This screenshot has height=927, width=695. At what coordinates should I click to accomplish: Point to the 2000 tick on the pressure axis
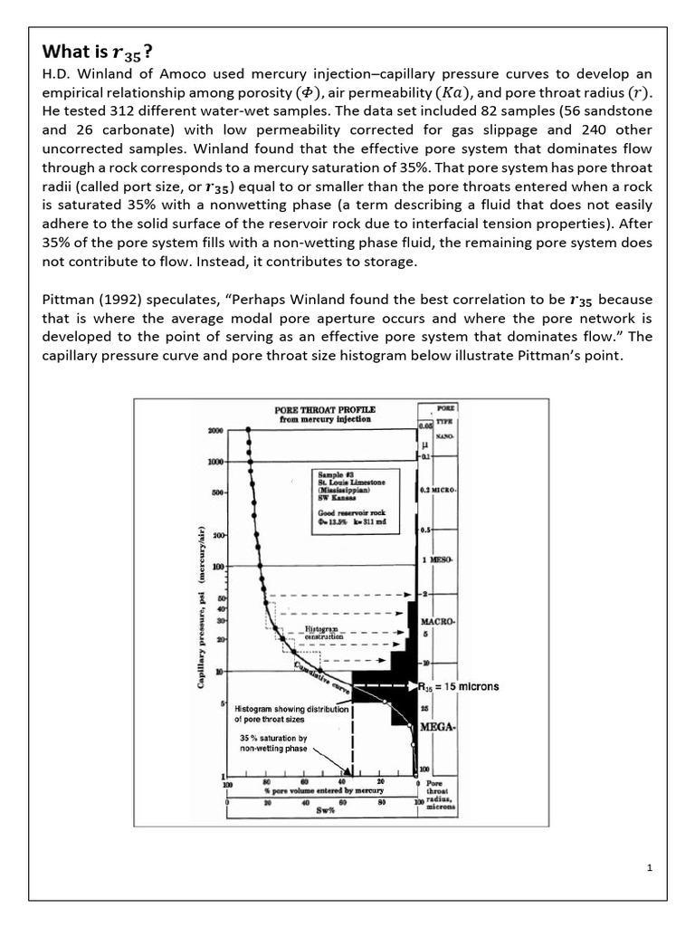click(x=216, y=431)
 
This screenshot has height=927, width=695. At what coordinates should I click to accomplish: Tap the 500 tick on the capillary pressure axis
click(x=218, y=493)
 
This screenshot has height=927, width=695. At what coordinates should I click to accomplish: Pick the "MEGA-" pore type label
click(x=437, y=726)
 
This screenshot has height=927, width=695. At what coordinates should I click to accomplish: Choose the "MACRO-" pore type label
click(x=439, y=623)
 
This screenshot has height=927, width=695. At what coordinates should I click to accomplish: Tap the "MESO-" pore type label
click(x=441, y=559)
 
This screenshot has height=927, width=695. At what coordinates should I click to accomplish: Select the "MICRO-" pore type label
click(x=441, y=490)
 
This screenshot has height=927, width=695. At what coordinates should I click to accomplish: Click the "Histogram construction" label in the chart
click(x=323, y=632)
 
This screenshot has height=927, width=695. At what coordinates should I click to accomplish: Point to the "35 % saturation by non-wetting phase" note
click(x=272, y=744)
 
